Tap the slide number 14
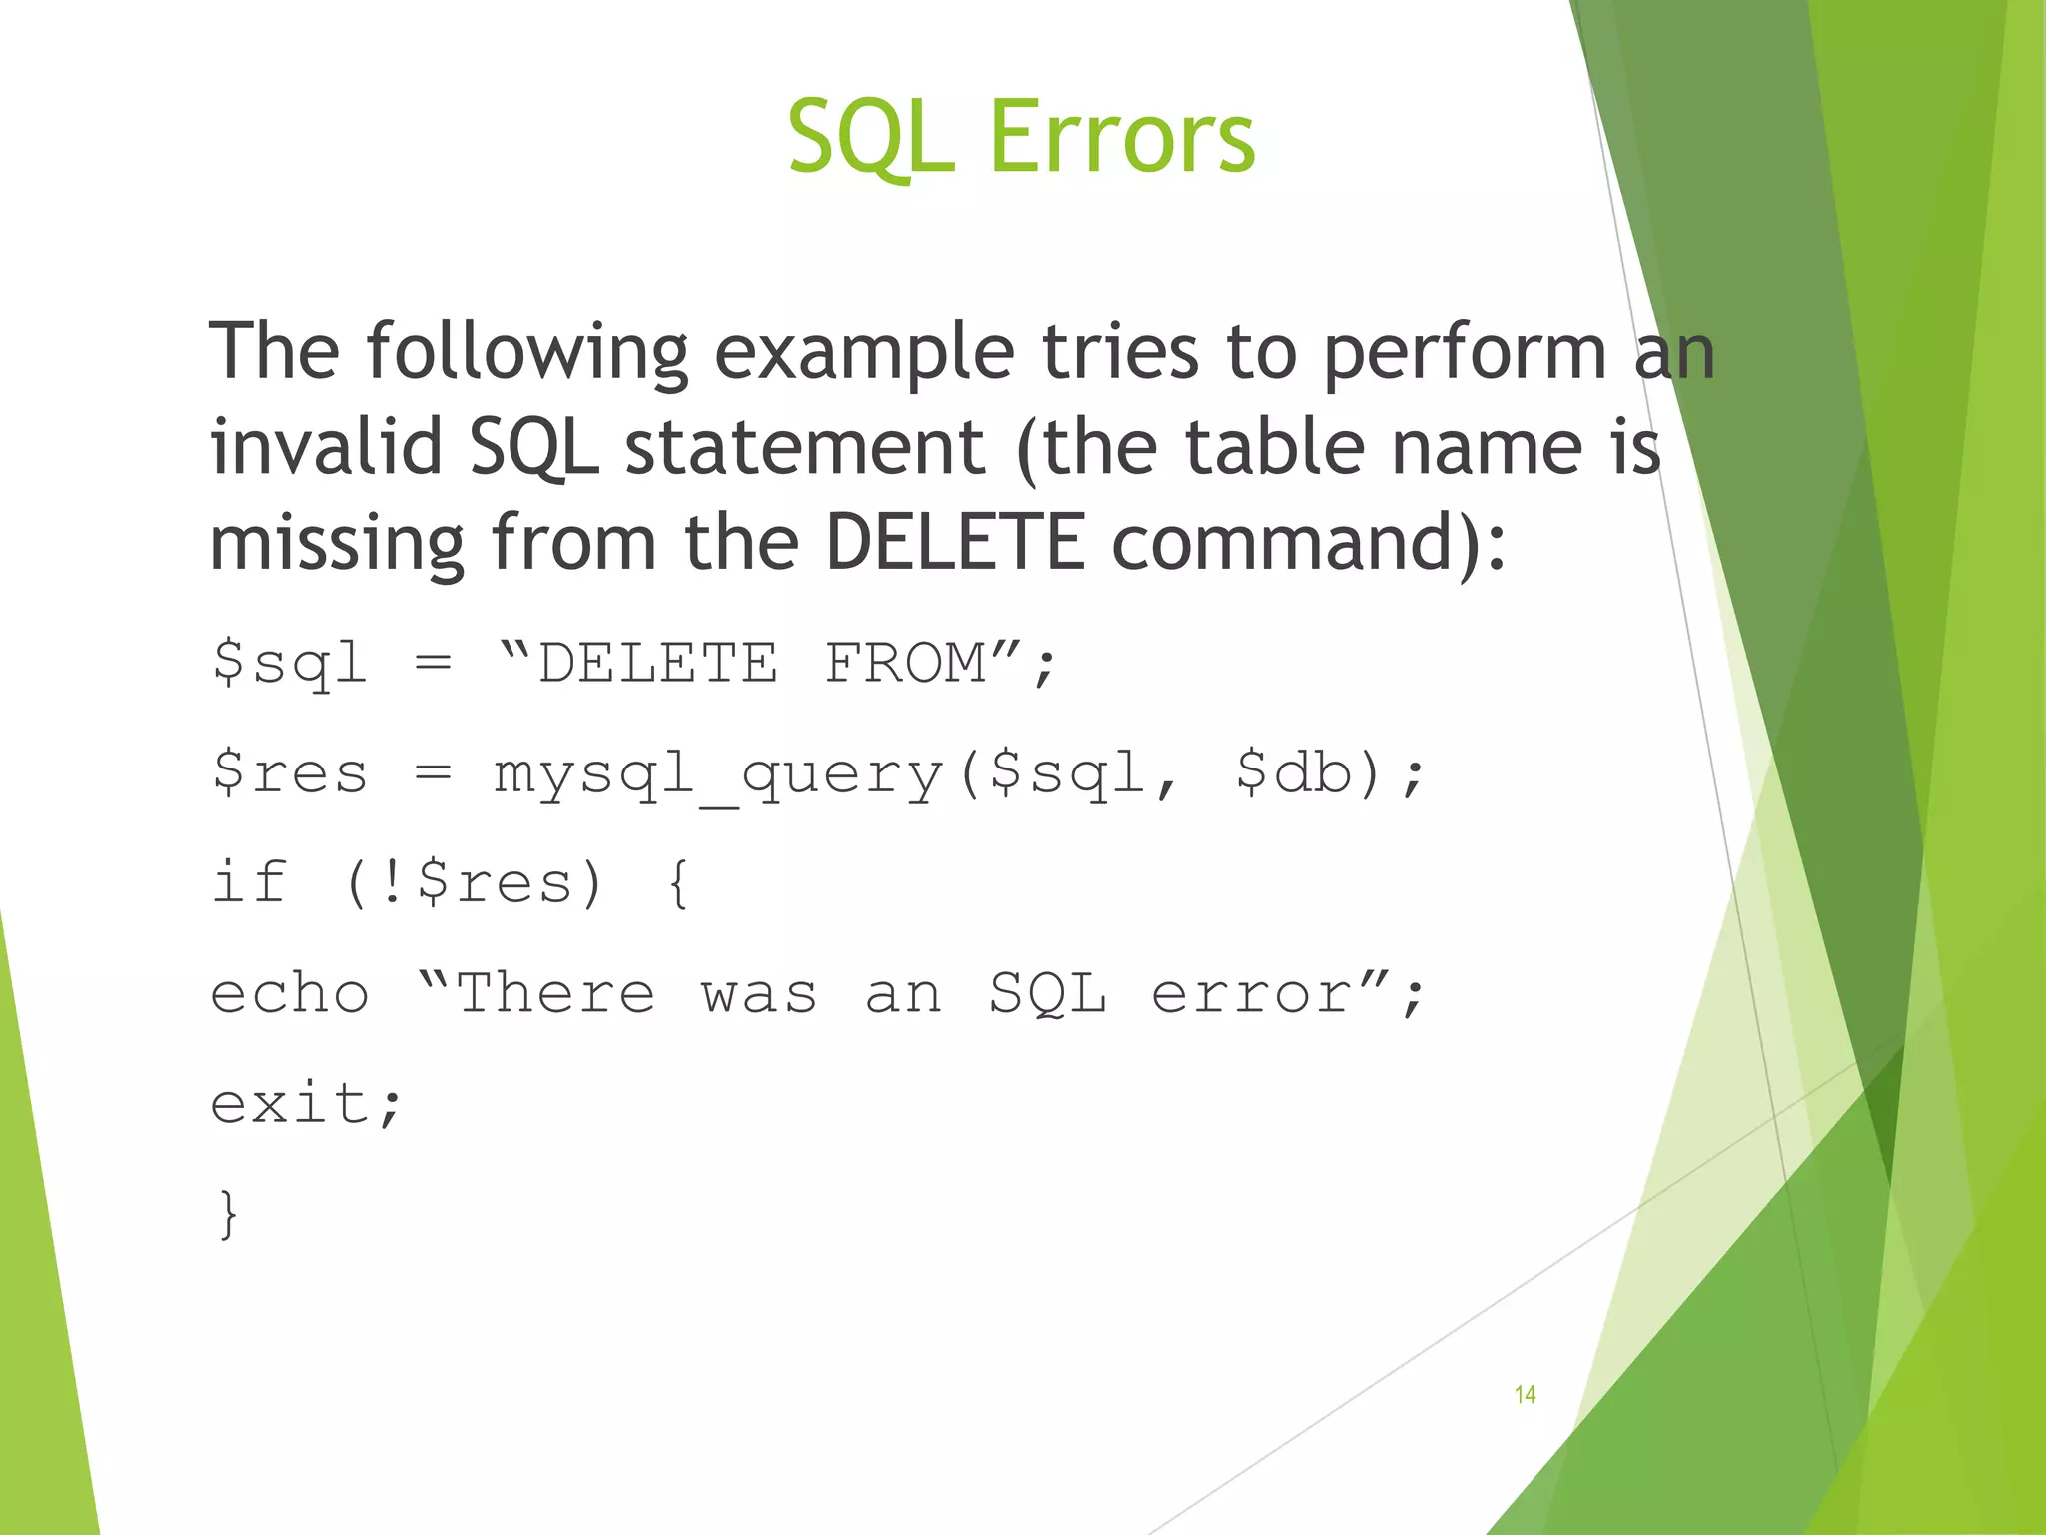pos(1525,1394)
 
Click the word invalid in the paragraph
pos(326,446)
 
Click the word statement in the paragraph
pos(805,446)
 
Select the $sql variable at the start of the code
pos(290,664)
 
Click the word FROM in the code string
pos(905,664)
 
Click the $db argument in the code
pos(1293,772)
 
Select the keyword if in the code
pos(250,882)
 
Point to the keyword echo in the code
pos(290,995)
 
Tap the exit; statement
pos(306,1104)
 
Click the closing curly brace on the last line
pos(229,1215)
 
